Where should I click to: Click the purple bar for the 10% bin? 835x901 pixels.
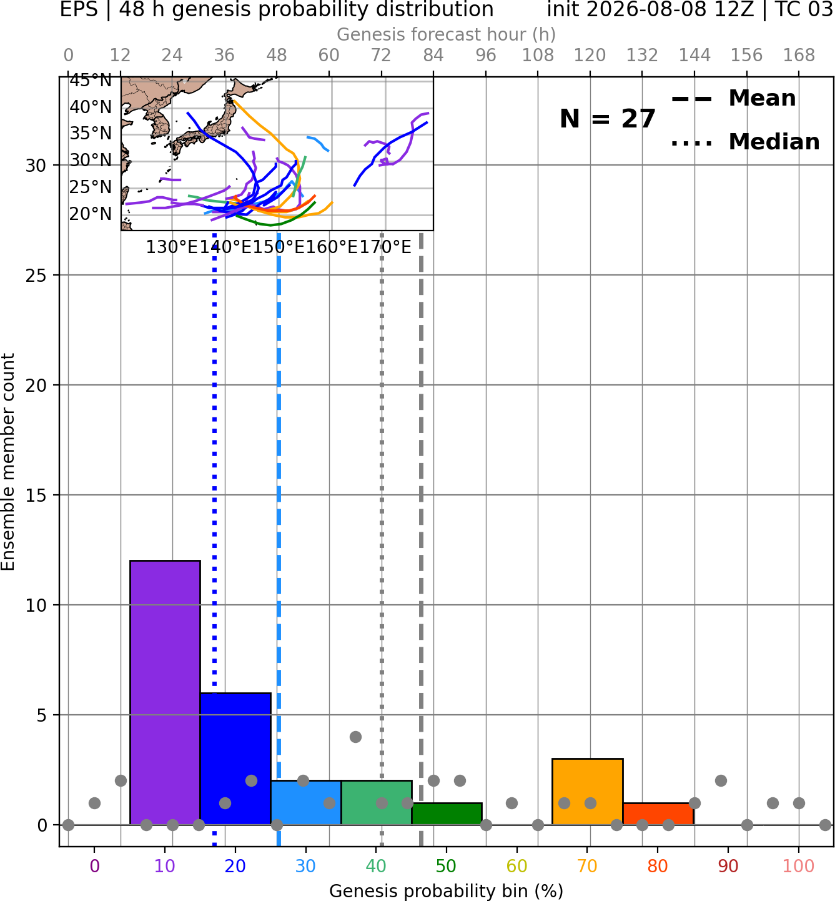[x=165, y=693]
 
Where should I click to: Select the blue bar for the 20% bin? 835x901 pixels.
[x=235, y=759]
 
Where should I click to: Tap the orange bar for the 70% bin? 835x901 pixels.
[x=587, y=792]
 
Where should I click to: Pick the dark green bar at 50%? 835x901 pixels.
[x=447, y=814]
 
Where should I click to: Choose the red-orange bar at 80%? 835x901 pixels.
[x=658, y=814]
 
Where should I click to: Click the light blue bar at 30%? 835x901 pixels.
[x=306, y=803]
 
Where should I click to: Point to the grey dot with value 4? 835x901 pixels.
[x=355, y=737]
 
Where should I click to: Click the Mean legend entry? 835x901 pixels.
[x=734, y=98]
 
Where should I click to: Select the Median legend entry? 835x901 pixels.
[x=746, y=142]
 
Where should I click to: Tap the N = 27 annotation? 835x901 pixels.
[x=608, y=119]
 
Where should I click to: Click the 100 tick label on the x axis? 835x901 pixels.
[x=799, y=866]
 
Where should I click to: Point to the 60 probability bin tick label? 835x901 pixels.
[x=517, y=866]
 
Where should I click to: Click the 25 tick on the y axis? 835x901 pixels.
[x=36, y=276]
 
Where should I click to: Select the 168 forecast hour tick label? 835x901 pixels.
[x=799, y=56]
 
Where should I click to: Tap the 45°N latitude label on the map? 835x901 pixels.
[x=91, y=81]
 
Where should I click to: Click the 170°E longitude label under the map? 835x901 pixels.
[x=385, y=247]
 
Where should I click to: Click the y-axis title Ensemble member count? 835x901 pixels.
[x=7, y=462]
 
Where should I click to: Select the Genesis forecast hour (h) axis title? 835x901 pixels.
[x=447, y=34]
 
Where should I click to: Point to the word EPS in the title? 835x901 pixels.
[x=79, y=9]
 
